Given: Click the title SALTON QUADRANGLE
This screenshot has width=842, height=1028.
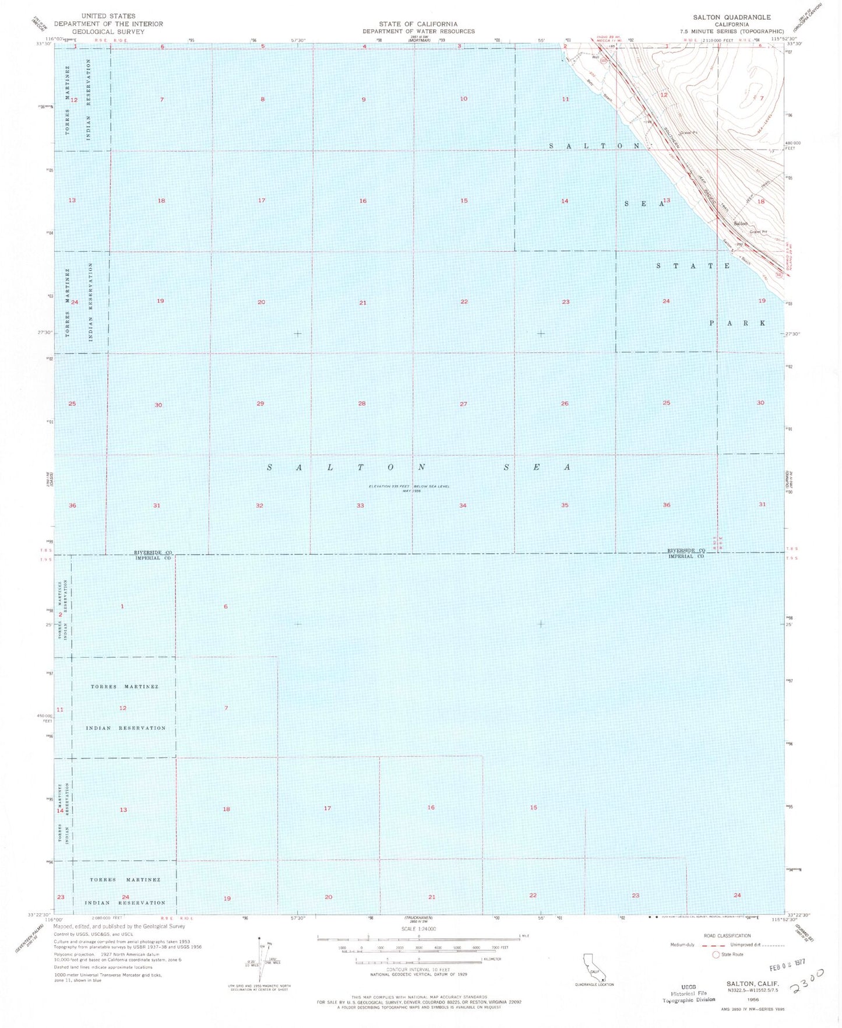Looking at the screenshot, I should pyautogui.click(x=732, y=17).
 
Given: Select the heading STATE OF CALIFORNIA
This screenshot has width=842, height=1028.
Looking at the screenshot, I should pyautogui.click(x=418, y=24).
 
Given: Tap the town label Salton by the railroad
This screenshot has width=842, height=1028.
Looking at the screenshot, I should pyautogui.click(x=740, y=224).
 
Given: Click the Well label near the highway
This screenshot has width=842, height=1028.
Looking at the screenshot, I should pyautogui.click(x=595, y=57).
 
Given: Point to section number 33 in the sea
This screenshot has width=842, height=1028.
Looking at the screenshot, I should pyautogui.click(x=360, y=506).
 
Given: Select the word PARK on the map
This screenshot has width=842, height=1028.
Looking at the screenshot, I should pyautogui.click(x=737, y=323).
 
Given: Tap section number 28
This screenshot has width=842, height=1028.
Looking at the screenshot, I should pyautogui.click(x=362, y=404).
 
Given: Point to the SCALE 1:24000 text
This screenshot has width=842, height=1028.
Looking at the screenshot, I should pyautogui.click(x=418, y=929).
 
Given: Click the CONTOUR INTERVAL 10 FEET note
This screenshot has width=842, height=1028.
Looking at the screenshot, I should pyautogui.click(x=418, y=969).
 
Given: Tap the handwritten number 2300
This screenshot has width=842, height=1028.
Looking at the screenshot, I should pyautogui.click(x=807, y=982).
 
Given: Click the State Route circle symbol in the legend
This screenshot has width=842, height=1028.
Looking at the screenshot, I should pyautogui.click(x=716, y=955).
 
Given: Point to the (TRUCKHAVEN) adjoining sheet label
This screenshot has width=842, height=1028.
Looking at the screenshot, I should pyautogui.click(x=418, y=917).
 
